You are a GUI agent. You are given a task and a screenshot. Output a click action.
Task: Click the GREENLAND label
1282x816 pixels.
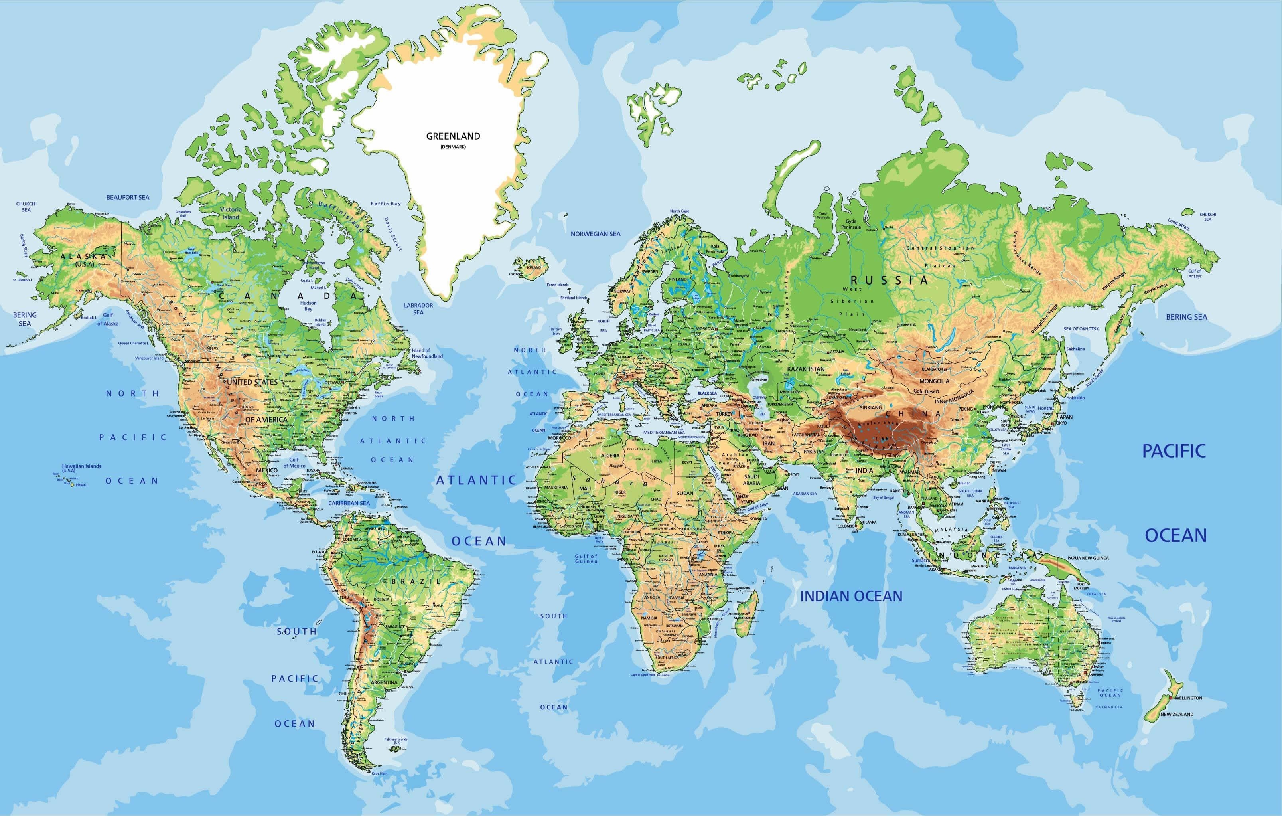pos(453,136)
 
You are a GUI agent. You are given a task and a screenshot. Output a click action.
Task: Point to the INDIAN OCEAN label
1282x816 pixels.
pos(851,596)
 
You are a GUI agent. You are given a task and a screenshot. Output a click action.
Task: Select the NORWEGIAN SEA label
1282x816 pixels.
pos(595,234)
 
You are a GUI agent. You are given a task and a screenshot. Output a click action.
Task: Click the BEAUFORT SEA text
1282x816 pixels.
pos(128,197)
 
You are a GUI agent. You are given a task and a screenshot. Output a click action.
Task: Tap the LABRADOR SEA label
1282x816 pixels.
pos(418,309)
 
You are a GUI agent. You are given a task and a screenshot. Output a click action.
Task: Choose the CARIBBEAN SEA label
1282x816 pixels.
pos(349,503)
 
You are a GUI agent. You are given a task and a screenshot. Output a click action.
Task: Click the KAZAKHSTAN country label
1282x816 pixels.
pos(805,369)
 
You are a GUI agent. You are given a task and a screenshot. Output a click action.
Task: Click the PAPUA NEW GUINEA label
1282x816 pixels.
pos(1088,558)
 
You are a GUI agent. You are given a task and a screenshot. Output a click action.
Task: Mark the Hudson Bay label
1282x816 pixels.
pos(308,306)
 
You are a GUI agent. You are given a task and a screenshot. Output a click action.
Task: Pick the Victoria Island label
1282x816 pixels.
pos(231,213)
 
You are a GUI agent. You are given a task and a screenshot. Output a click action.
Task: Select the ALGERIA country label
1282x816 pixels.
pos(610,456)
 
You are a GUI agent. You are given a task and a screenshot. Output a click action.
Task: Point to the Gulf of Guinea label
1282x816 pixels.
pos(586,558)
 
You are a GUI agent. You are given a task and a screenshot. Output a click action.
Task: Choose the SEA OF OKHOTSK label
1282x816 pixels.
pos(1081,329)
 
